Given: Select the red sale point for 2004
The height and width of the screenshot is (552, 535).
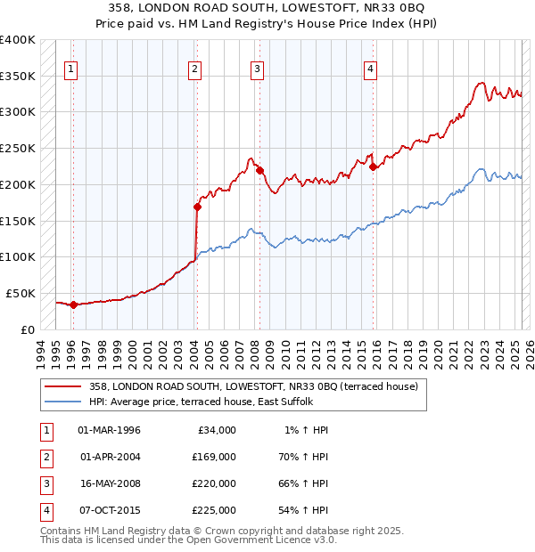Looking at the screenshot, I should coord(197,207).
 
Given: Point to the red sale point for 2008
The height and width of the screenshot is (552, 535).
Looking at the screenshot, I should coord(259,170).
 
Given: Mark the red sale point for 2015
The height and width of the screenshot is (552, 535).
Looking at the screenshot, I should coord(373,166).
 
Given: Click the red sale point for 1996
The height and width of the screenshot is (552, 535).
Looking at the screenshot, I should coord(73,304).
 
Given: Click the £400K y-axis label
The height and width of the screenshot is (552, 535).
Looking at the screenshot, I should coord(17,40).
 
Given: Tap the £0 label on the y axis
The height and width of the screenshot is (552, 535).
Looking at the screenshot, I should coord(28,329).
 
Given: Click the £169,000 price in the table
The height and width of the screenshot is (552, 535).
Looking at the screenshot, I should coord(214,457).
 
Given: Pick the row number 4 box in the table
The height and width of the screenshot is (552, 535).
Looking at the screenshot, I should coord(45,510).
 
